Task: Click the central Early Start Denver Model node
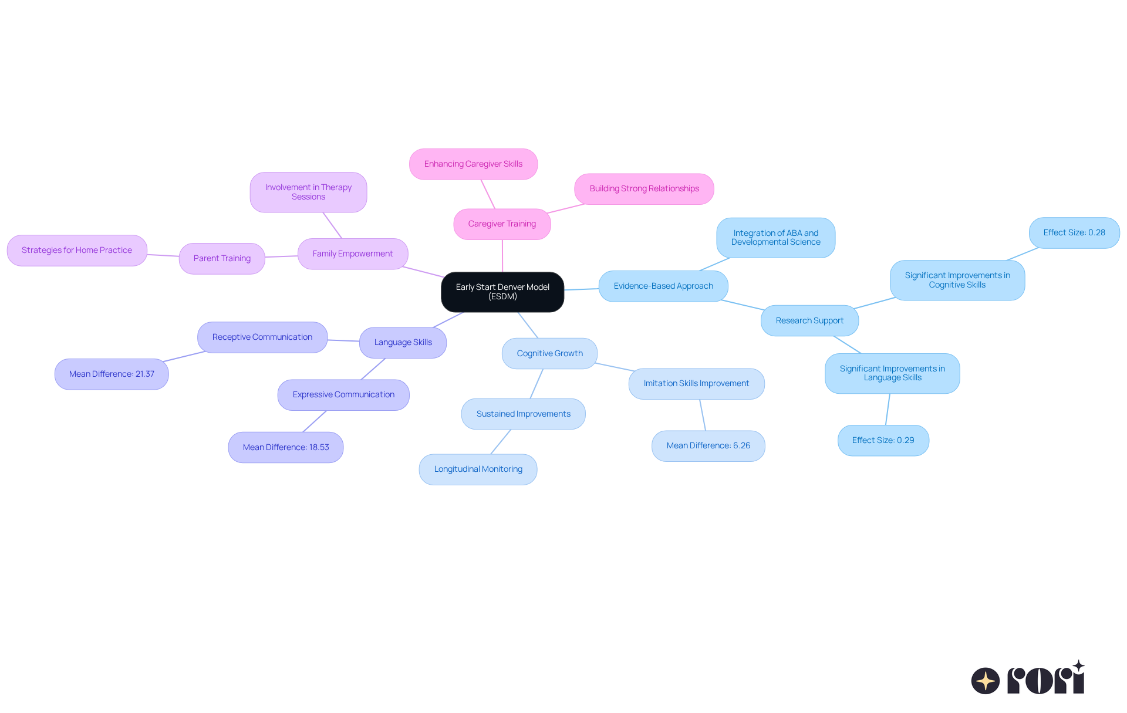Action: click(502, 292)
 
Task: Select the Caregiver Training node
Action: click(502, 224)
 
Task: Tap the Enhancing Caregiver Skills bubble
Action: click(473, 164)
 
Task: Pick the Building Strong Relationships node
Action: click(644, 189)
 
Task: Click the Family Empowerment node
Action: click(353, 254)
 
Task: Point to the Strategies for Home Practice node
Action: click(77, 251)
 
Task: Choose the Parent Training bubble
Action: click(222, 259)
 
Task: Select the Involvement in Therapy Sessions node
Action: click(308, 192)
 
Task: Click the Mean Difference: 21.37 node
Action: click(112, 374)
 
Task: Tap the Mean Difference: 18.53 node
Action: click(286, 448)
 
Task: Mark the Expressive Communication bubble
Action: click(343, 395)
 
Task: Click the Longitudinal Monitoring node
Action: click(478, 469)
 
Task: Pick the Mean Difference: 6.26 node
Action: click(708, 446)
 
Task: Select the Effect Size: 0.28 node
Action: click(1074, 233)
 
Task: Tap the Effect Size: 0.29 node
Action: click(883, 441)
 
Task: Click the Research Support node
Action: click(809, 321)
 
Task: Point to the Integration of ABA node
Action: click(775, 238)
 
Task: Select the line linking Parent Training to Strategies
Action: click(163, 255)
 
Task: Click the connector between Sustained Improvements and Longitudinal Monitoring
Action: click(501, 442)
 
